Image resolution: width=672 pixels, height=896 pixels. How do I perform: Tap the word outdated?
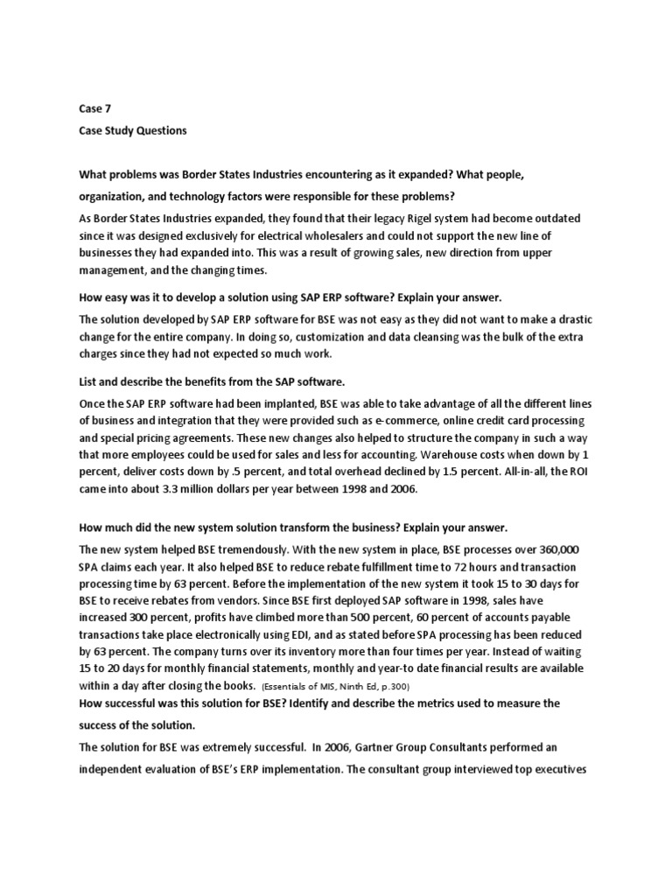(x=557, y=218)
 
